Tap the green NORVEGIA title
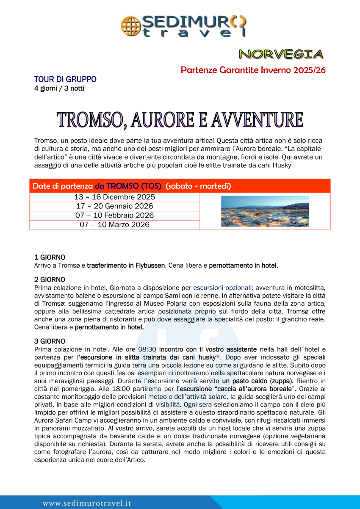point(281,54)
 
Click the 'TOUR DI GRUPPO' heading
point(65,79)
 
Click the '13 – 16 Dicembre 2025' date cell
point(114,197)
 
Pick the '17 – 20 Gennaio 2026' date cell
point(114,206)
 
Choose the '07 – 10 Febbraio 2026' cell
point(114,216)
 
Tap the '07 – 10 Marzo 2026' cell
point(114,225)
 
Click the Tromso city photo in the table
point(265,211)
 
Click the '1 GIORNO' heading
point(50,257)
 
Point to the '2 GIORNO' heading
point(50,279)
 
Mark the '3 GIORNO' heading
point(50,341)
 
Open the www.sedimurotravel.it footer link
point(87,503)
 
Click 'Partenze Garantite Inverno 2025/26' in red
point(253,70)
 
